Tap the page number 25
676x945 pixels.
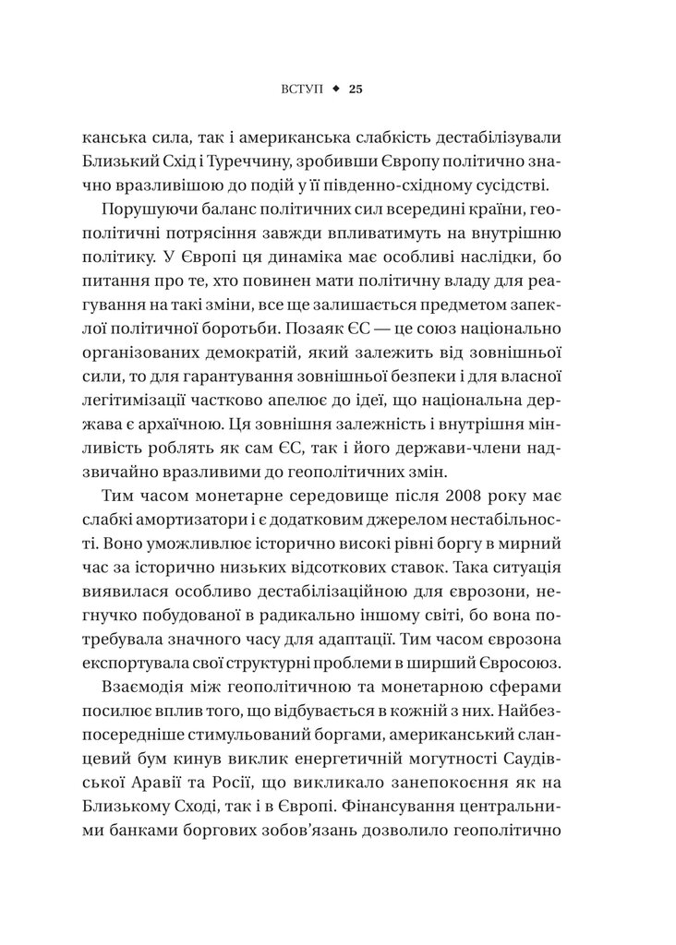[357, 89]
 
